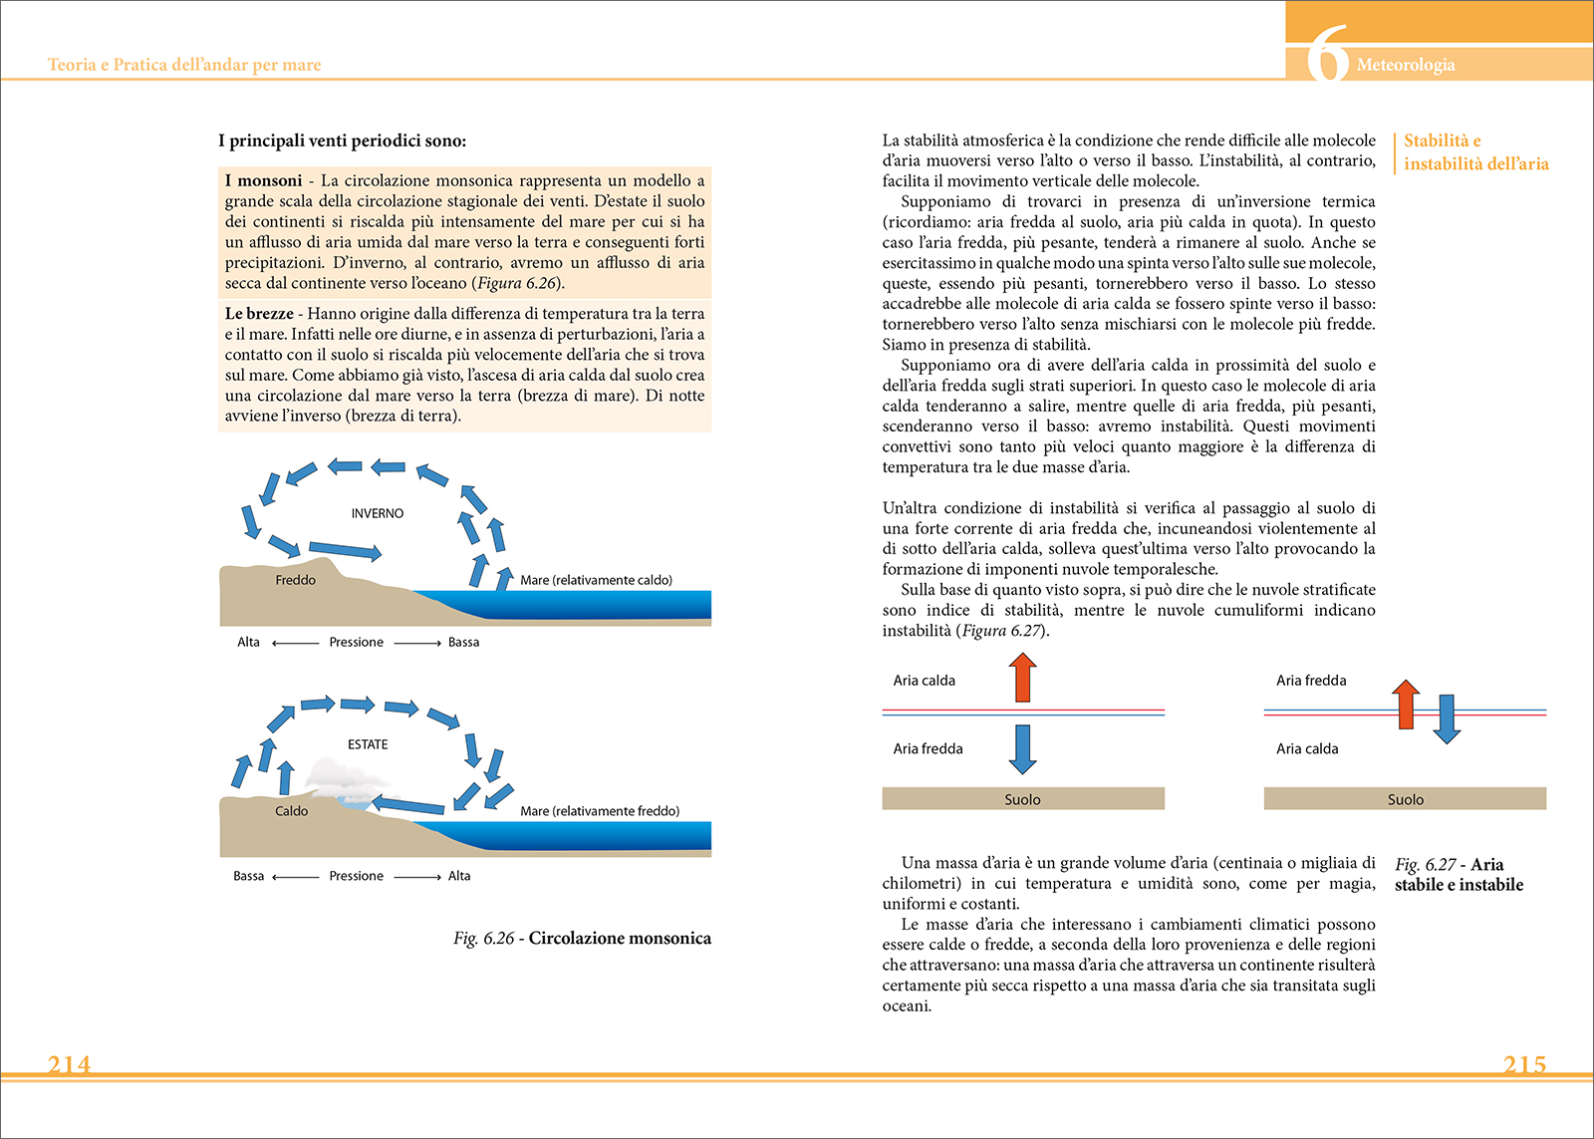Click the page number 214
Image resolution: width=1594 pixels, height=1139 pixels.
tap(69, 1064)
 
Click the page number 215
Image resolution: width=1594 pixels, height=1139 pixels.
tap(1524, 1064)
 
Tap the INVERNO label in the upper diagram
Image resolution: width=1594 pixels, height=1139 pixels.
tap(378, 513)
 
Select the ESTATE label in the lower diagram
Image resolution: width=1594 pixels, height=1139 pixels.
tap(368, 744)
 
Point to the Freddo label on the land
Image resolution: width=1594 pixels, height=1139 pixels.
tap(295, 580)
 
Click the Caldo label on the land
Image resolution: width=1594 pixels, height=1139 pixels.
tap(291, 811)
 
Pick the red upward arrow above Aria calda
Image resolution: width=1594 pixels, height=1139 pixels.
tap(1022, 678)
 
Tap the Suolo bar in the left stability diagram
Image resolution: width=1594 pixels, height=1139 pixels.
tap(1022, 799)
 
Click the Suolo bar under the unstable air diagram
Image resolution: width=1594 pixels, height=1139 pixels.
tap(1405, 799)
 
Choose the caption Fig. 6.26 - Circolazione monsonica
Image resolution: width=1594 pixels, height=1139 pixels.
tap(582, 938)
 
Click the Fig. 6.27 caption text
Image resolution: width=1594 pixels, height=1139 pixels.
tap(1459, 874)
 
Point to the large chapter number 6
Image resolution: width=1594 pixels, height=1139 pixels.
tap(1327, 55)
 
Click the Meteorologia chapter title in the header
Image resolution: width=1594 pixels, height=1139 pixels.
tap(1405, 65)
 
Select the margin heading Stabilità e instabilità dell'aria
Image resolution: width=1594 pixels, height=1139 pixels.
tap(1475, 152)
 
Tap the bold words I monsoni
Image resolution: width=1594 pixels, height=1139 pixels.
tap(263, 180)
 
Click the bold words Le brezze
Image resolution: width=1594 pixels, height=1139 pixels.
tap(258, 313)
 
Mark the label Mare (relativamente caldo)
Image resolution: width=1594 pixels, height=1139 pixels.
tap(596, 580)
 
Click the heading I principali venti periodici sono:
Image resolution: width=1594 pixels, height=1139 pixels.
tap(342, 141)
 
